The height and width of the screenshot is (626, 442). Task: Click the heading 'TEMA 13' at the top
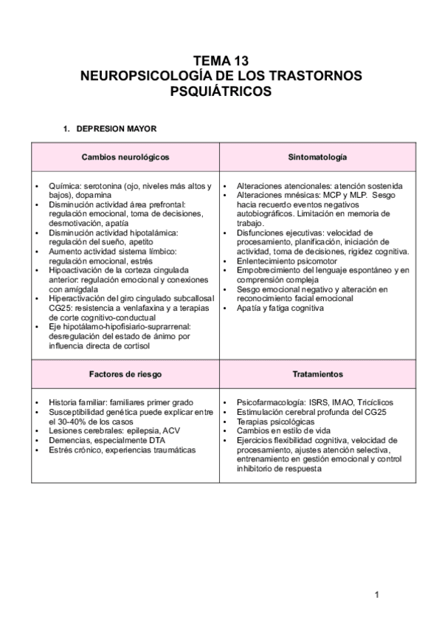[x=221, y=62]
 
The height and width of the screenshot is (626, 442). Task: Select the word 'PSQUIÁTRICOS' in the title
[x=221, y=92]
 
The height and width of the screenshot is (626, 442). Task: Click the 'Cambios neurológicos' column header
[x=125, y=158]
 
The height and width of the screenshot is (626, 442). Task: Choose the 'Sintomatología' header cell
[x=318, y=158]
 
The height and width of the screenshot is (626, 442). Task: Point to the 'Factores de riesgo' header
[x=125, y=375]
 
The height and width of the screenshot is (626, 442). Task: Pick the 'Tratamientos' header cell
[x=318, y=375]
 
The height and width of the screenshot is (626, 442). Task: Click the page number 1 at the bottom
[x=376, y=596]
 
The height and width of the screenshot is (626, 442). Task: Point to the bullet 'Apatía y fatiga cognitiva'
[x=280, y=307]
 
